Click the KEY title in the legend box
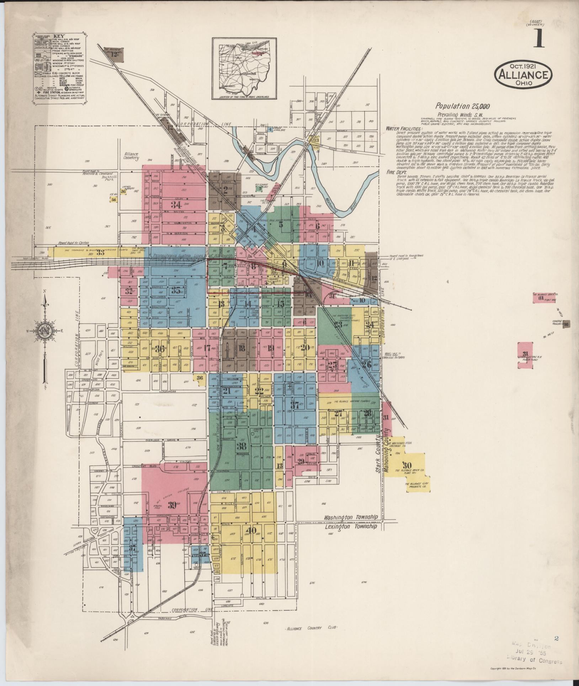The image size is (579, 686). pos(57,36)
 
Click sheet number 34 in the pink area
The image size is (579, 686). pos(176,205)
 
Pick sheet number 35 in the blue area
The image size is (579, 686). pos(176,290)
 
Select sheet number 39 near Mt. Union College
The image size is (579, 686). pos(172,505)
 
